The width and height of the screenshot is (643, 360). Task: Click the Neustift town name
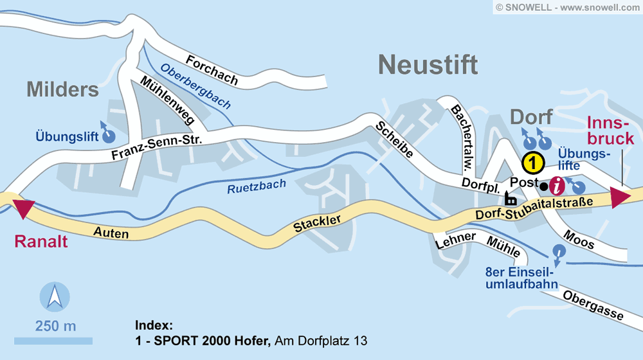pyautogui.click(x=428, y=65)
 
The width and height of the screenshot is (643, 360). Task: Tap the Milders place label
pyautogui.click(x=63, y=89)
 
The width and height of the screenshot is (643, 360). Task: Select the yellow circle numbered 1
pyautogui.click(x=533, y=163)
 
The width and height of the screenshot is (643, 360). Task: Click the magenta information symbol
pyautogui.click(x=558, y=186)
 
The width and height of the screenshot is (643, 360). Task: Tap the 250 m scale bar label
pyautogui.click(x=56, y=326)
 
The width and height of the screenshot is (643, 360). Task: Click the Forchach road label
pyautogui.click(x=212, y=71)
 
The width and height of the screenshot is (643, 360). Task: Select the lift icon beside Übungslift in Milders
pyautogui.click(x=109, y=135)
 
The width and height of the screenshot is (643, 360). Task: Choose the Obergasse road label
pyautogui.click(x=592, y=305)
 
